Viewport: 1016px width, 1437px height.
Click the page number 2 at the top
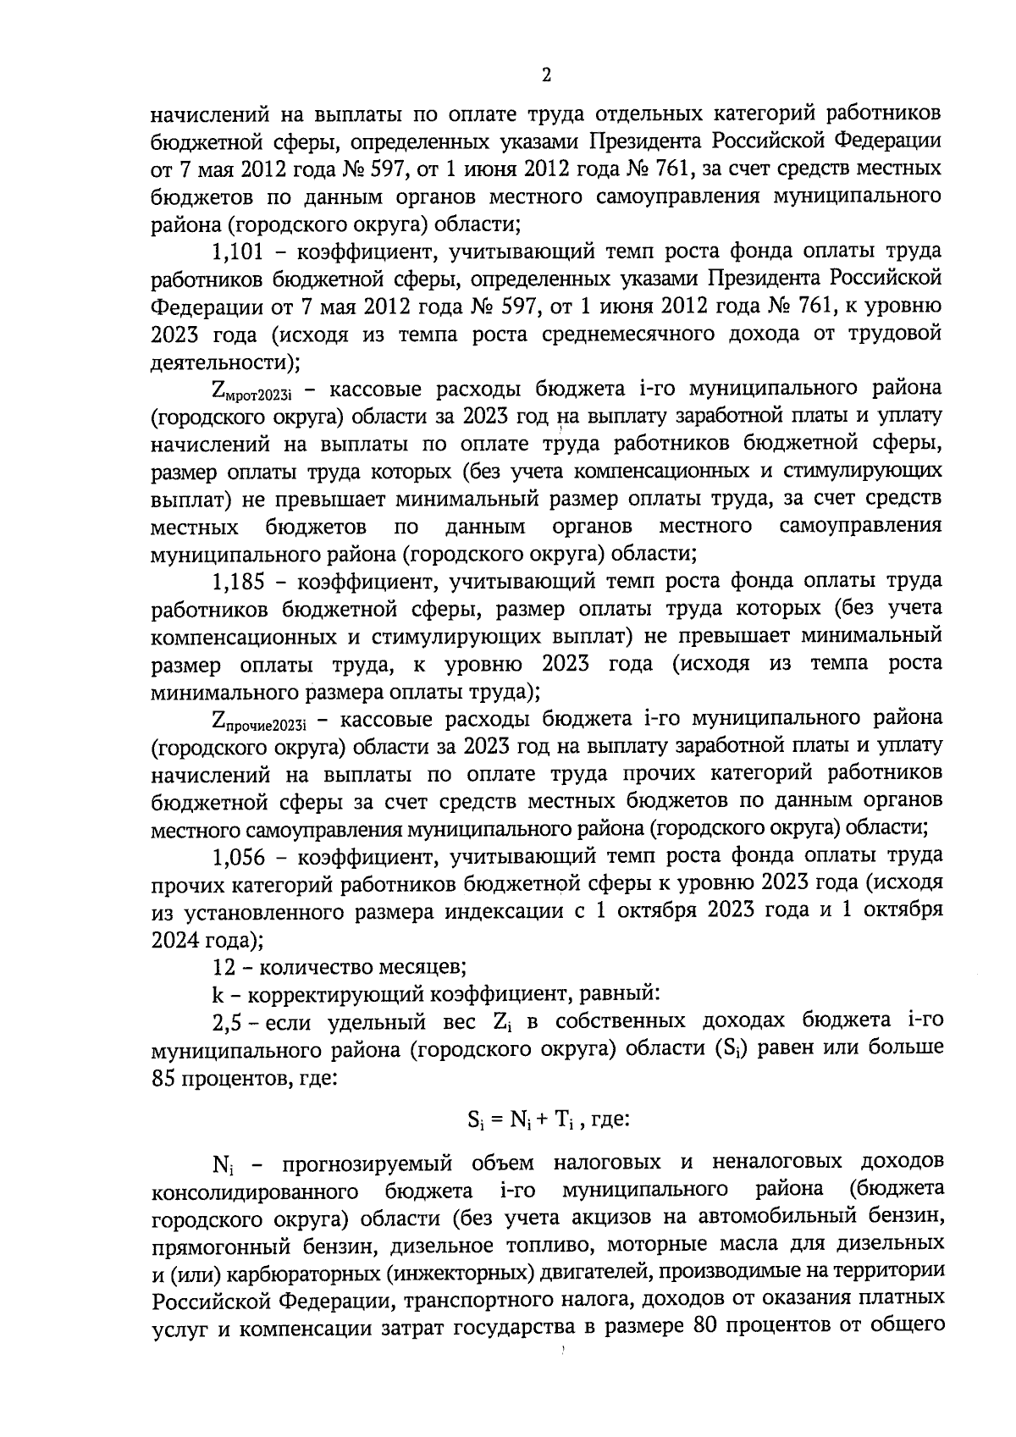click(545, 75)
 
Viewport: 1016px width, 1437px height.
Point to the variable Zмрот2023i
click(257, 391)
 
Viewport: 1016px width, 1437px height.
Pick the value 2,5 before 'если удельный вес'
click(227, 1021)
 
